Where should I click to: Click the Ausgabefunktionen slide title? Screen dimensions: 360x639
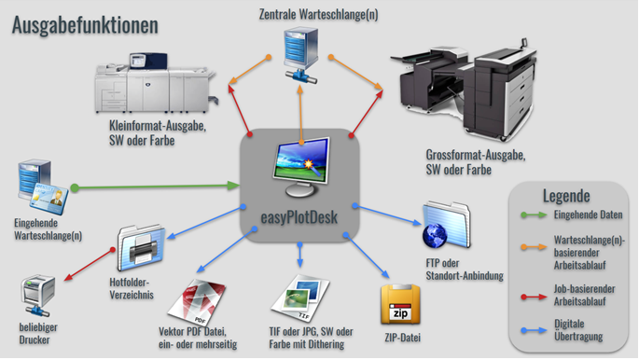85,25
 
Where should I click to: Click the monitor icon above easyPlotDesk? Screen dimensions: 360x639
300,166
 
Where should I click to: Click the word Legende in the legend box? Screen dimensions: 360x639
566,196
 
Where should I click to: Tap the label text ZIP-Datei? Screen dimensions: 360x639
404,338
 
